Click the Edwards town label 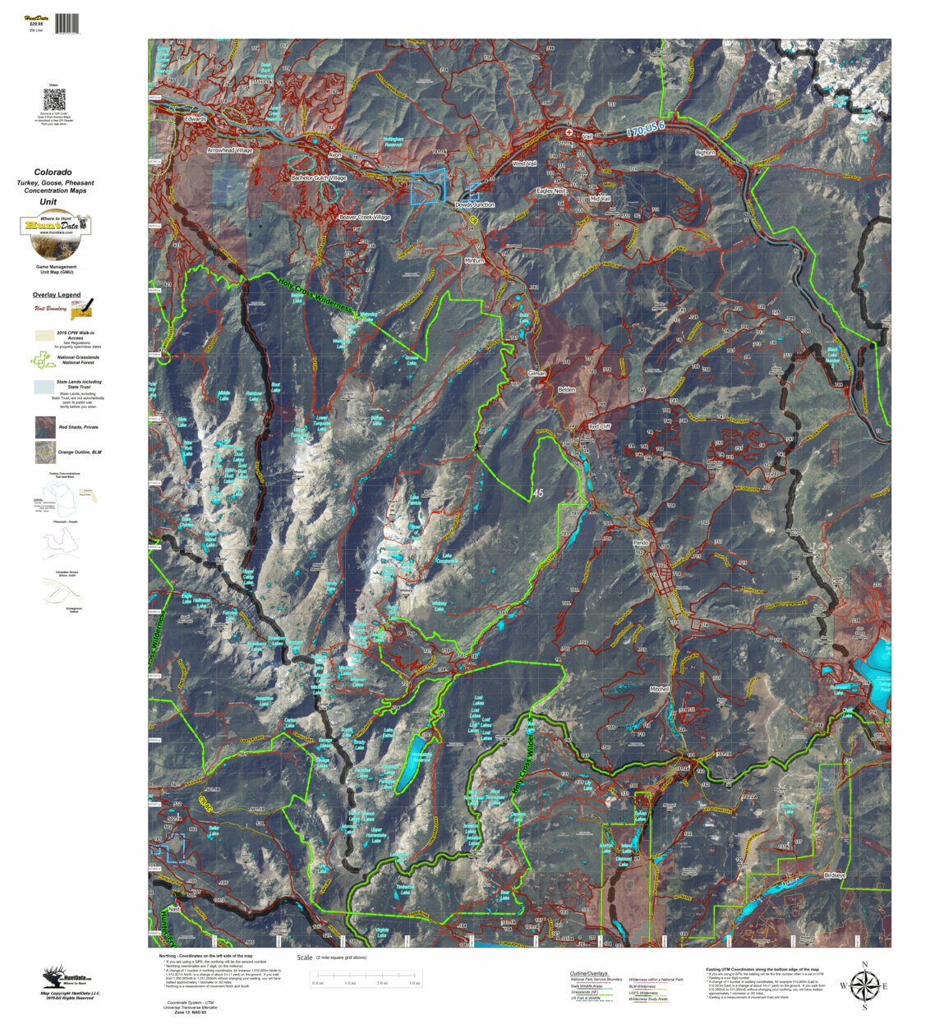196,119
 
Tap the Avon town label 334,154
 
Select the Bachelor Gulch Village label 319,177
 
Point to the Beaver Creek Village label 365,218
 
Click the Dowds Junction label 475,204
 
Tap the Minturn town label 475,260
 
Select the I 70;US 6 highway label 645,128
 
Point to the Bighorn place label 705,153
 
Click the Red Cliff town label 600,427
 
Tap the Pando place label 640,543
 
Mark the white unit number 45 537,494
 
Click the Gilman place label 536,373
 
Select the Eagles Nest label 551,191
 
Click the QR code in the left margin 54,100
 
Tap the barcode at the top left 67,23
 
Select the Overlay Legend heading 57,295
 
